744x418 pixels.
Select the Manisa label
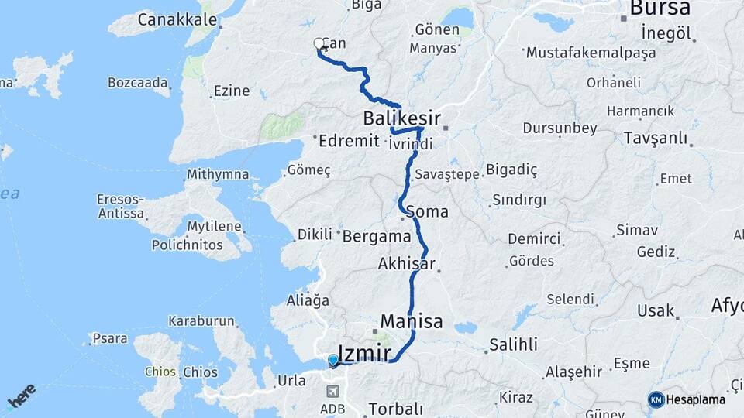point(412,321)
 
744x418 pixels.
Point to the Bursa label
point(660,9)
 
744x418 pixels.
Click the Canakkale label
point(177,19)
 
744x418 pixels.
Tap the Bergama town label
point(376,235)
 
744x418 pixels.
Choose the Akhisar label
point(406,264)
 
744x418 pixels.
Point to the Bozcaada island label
point(139,82)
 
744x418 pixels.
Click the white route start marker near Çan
point(319,44)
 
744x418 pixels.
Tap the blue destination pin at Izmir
point(333,360)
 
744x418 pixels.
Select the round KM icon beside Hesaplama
point(656,399)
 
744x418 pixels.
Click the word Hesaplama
point(696,399)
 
